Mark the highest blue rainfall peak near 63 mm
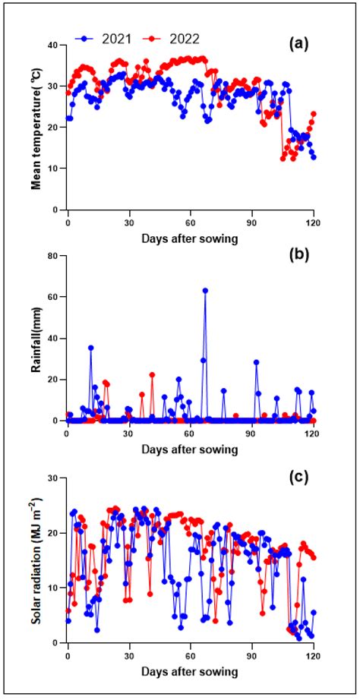point(205,291)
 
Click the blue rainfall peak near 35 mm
point(91,348)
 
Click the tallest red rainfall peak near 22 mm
point(152,374)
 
